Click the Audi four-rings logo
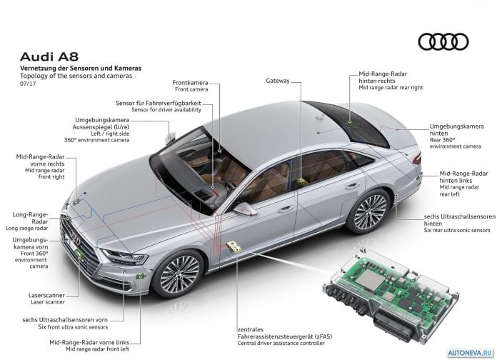point(443,42)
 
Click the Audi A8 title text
point(49,56)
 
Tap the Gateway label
point(278,81)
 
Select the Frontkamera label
point(190,82)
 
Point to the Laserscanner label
point(46,295)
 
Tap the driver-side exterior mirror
point(246,209)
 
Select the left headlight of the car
point(125,256)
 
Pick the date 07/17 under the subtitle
point(28,84)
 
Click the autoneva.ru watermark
point(471,353)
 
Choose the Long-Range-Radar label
point(31,218)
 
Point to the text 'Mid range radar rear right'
point(391,88)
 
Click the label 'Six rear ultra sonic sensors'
point(457,230)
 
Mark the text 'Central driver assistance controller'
point(281,343)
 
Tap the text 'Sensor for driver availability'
point(166,110)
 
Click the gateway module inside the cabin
point(300,181)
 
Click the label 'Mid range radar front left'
point(98,349)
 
